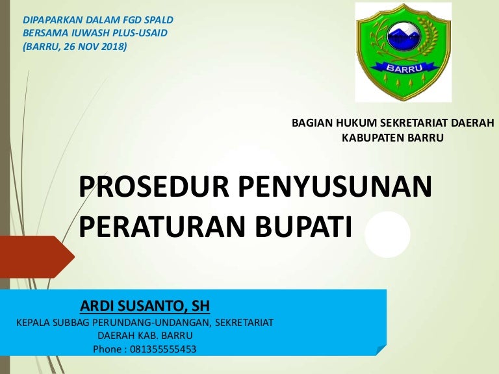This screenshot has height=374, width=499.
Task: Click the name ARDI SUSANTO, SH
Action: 145,306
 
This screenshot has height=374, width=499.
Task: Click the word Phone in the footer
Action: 107,349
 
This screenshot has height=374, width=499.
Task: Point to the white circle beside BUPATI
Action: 387,234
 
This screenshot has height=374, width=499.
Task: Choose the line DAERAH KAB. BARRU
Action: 145,336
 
